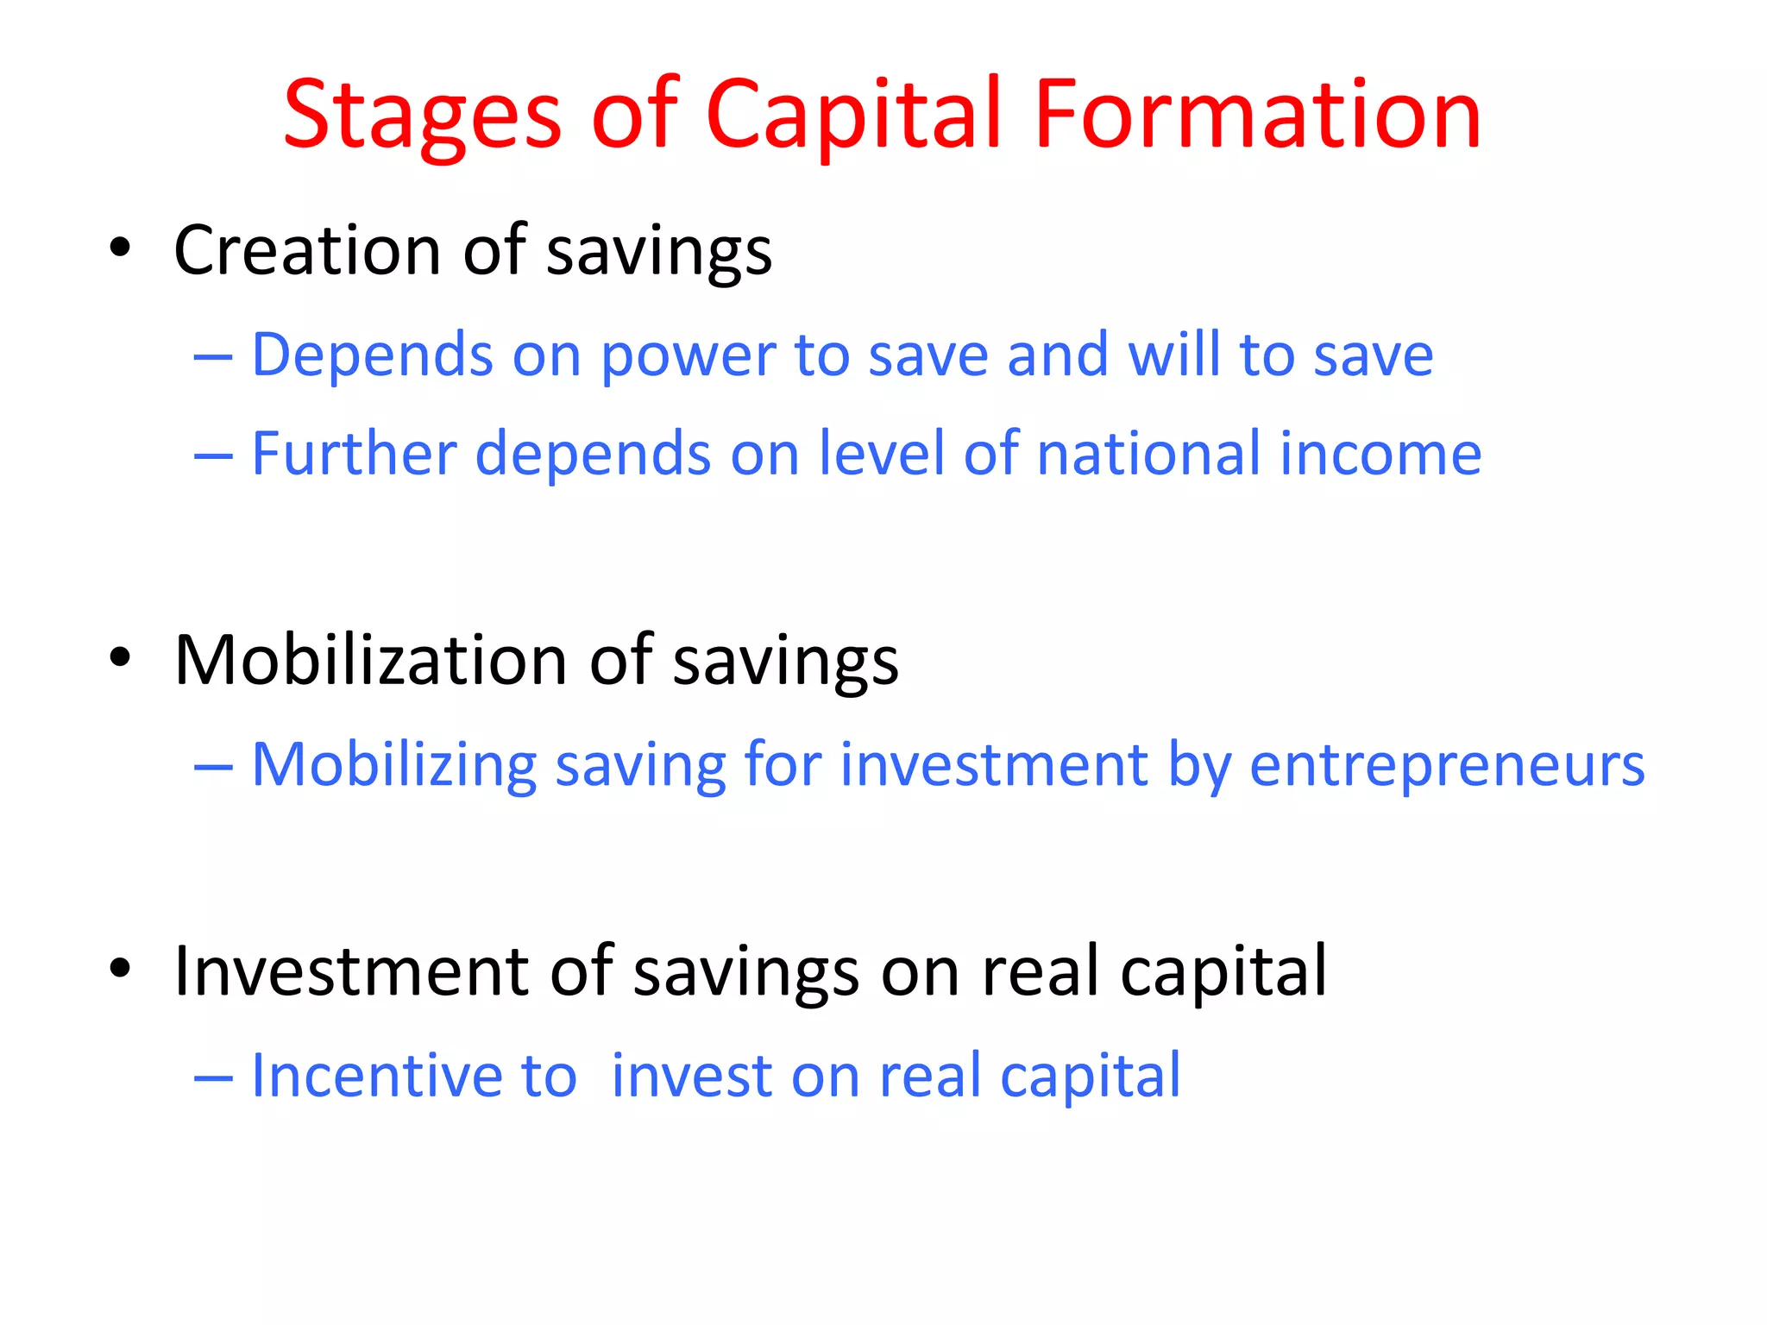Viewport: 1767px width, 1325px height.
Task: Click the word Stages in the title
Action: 422,116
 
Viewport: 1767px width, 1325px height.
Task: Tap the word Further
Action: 354,454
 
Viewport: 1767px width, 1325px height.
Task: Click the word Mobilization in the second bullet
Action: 371,660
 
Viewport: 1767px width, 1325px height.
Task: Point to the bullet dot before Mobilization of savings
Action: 120,658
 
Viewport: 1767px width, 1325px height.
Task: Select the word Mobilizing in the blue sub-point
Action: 393,766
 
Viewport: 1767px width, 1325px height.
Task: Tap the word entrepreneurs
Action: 1447,766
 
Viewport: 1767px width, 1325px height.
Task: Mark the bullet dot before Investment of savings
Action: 120,969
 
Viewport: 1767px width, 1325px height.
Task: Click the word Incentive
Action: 375,1076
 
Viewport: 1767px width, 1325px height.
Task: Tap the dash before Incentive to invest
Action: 214,1078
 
